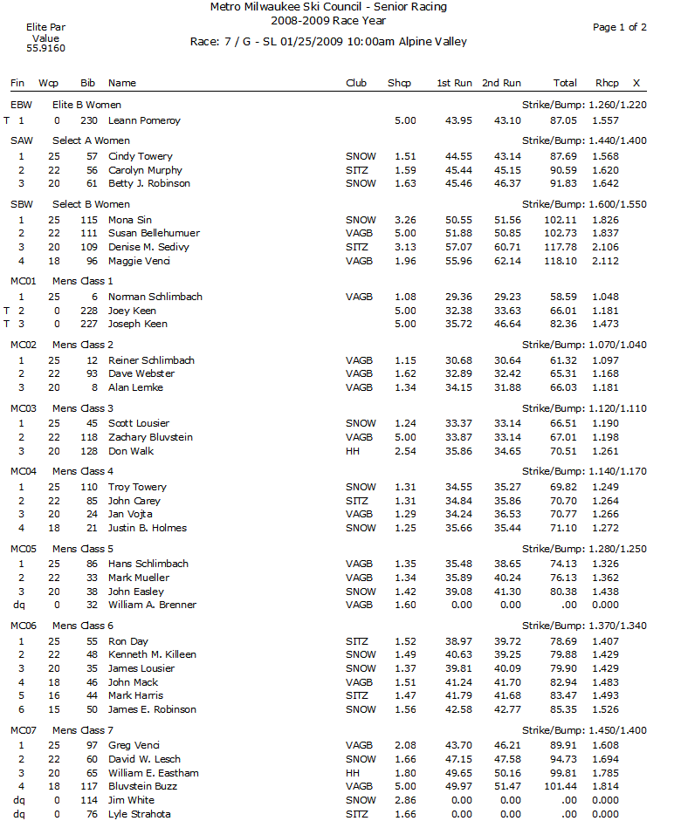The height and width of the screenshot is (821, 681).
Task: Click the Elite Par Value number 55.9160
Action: click(x=45, y=49)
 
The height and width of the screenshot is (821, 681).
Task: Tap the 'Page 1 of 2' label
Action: click(x=620, y=27)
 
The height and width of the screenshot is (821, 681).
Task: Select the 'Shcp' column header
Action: click(x=399, y=83)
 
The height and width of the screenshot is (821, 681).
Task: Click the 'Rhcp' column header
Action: click(x=607, y=83)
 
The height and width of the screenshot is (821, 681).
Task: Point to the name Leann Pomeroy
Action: click(x=144, y=120)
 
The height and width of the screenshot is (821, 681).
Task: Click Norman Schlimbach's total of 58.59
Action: click(x=565, y=297)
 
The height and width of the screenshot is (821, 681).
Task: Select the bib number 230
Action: click(x=88, y=120)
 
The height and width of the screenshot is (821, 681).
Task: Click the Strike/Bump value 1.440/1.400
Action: click(x=584, y=140)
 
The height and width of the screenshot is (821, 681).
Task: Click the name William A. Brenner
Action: click(x=152, y=605)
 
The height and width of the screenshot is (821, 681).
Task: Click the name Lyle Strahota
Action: click(x=140, y=814)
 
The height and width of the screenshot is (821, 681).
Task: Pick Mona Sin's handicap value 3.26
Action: click(x=404, y=220)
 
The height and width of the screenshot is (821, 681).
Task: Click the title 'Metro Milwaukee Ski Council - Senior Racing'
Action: click(x=328, y=7)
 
